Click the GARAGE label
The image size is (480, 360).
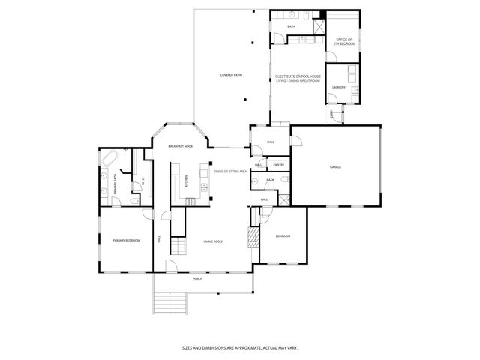[x=335, y=166]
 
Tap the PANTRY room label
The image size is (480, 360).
[x=277, y=165]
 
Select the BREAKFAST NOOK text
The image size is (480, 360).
[x=180, y=146]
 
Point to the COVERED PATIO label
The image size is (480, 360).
[x=231, y=75]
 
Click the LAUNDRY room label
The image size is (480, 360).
[x=338, y=88]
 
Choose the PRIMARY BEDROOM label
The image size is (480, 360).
[x=127, y=241]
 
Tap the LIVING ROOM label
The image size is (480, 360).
[x=213, y=241]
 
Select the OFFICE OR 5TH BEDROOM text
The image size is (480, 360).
[x=344, y=40]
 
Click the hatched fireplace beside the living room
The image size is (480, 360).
[x=253, y=238]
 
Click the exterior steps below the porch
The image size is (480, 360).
[x=172, y=303]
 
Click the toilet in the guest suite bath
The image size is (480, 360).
[x=308, y=16]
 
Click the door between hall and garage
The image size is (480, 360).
[x=296, y=140]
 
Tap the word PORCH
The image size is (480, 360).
[x=197, y=278]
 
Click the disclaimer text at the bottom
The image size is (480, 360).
[x=239, y=347]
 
